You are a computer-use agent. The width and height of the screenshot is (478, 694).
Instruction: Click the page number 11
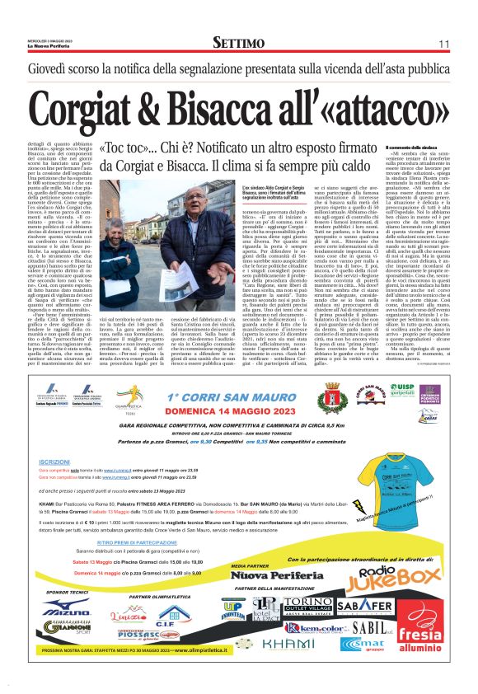click(x=443, y=43)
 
